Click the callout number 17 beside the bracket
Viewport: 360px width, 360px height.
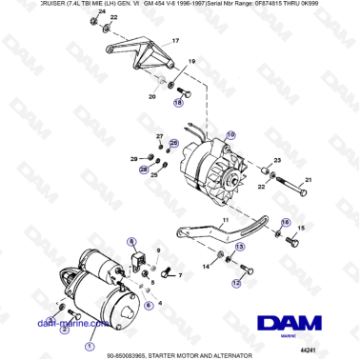[x=174, y=42]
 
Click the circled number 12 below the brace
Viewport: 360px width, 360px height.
[x=237, y=283]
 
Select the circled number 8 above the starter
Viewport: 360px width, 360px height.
[x=132, y=242]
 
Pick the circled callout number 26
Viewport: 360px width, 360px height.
[x=172, y=143]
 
